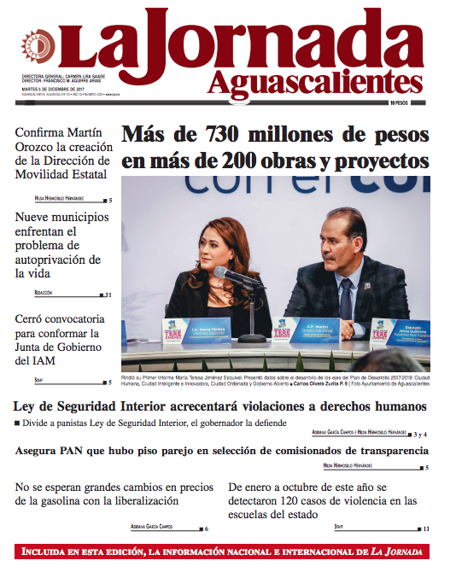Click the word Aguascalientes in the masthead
[315, 83]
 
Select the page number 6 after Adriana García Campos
[206, 529]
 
